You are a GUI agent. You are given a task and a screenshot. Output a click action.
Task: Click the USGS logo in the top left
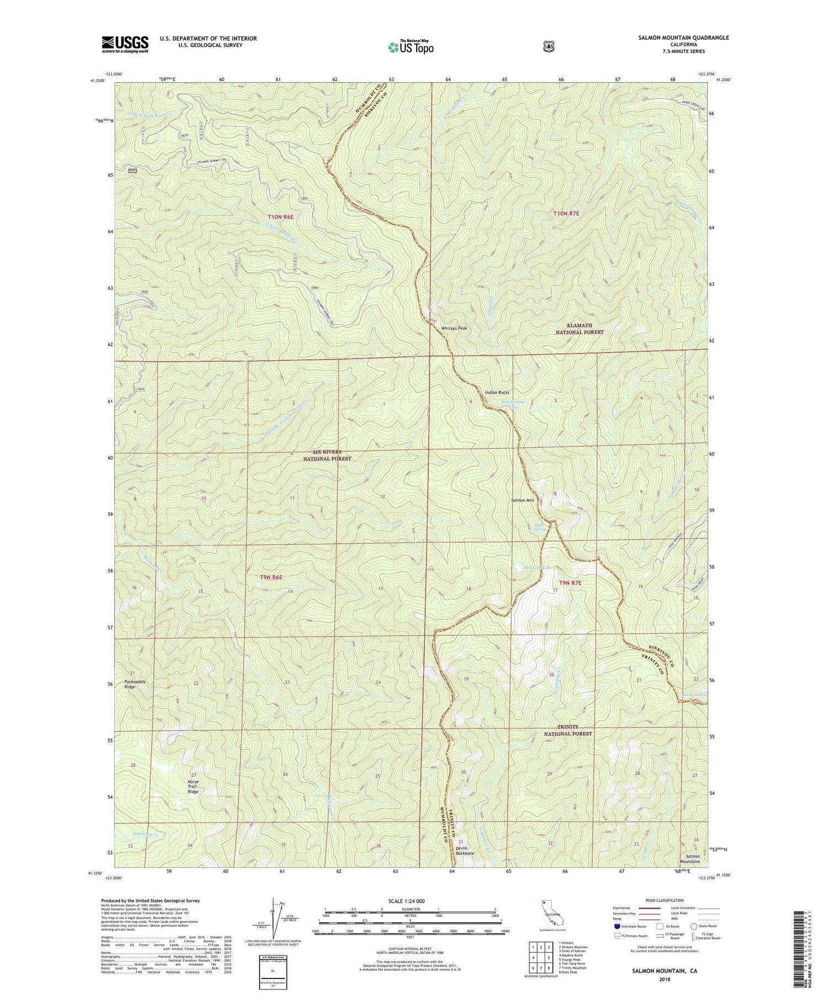tap(125, 44)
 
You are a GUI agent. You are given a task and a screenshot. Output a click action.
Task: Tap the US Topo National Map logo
tap(411, 47)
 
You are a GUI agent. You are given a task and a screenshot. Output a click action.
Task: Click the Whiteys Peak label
tap(454, 328)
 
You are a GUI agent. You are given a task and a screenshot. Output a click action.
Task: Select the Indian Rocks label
tap(497, 392)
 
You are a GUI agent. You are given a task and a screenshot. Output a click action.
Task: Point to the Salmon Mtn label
tap(523, 500)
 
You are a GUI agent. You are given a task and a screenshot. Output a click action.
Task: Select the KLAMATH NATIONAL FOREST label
tap(579, 329)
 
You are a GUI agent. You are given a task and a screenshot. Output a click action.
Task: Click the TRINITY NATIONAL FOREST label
tap(567, 730)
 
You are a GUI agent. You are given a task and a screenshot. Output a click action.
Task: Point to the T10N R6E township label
tap(280, 217)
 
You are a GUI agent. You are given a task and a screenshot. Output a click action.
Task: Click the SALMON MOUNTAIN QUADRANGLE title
tap(683, 38)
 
